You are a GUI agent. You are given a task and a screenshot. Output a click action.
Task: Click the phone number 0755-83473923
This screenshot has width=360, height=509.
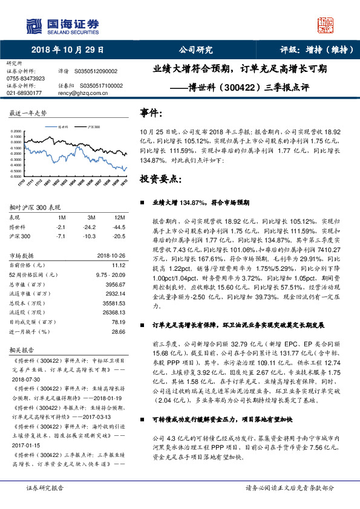(x=25, y=79)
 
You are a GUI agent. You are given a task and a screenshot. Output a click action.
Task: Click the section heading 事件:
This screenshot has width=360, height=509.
(x=151, y=113)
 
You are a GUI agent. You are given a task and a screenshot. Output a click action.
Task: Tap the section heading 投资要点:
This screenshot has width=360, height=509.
(x=160, y=180)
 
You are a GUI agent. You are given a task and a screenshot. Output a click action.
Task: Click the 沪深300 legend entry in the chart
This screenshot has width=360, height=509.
(x=93, y=128)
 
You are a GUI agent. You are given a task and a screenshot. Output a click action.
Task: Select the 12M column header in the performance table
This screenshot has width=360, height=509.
(x=119, y=216)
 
